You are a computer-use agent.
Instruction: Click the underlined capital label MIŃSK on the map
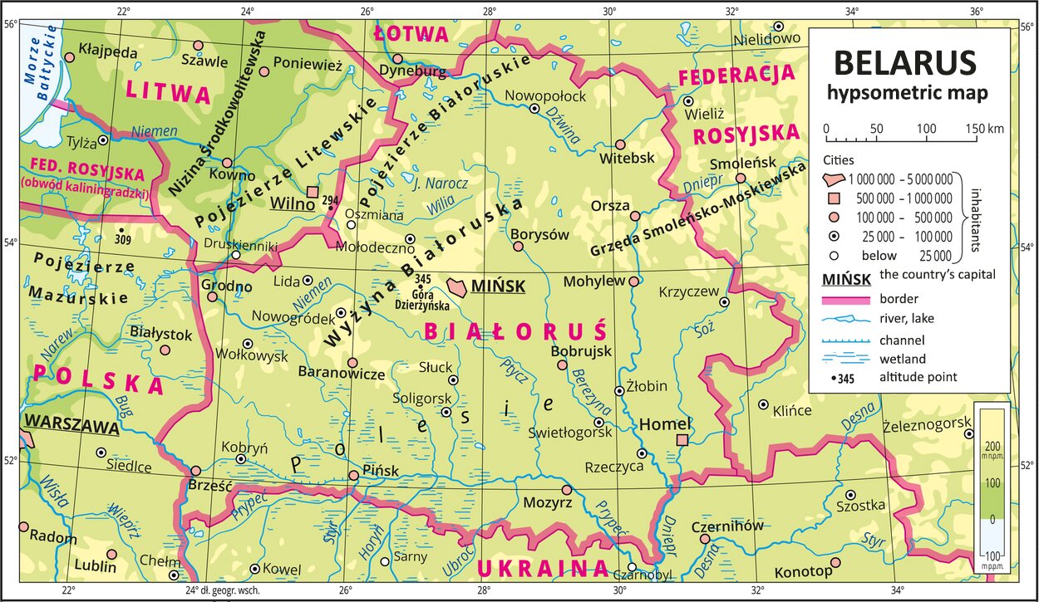coord(498,286)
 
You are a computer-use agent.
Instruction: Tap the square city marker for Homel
coord(682,440)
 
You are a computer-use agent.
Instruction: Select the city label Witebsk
coord(628,158)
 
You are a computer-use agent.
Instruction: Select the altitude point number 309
coord(123,240)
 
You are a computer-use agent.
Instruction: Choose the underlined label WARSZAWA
coord(71,428)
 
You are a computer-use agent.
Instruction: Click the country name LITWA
coord(170,92)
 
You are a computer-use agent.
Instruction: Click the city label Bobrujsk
coord(581,351)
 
